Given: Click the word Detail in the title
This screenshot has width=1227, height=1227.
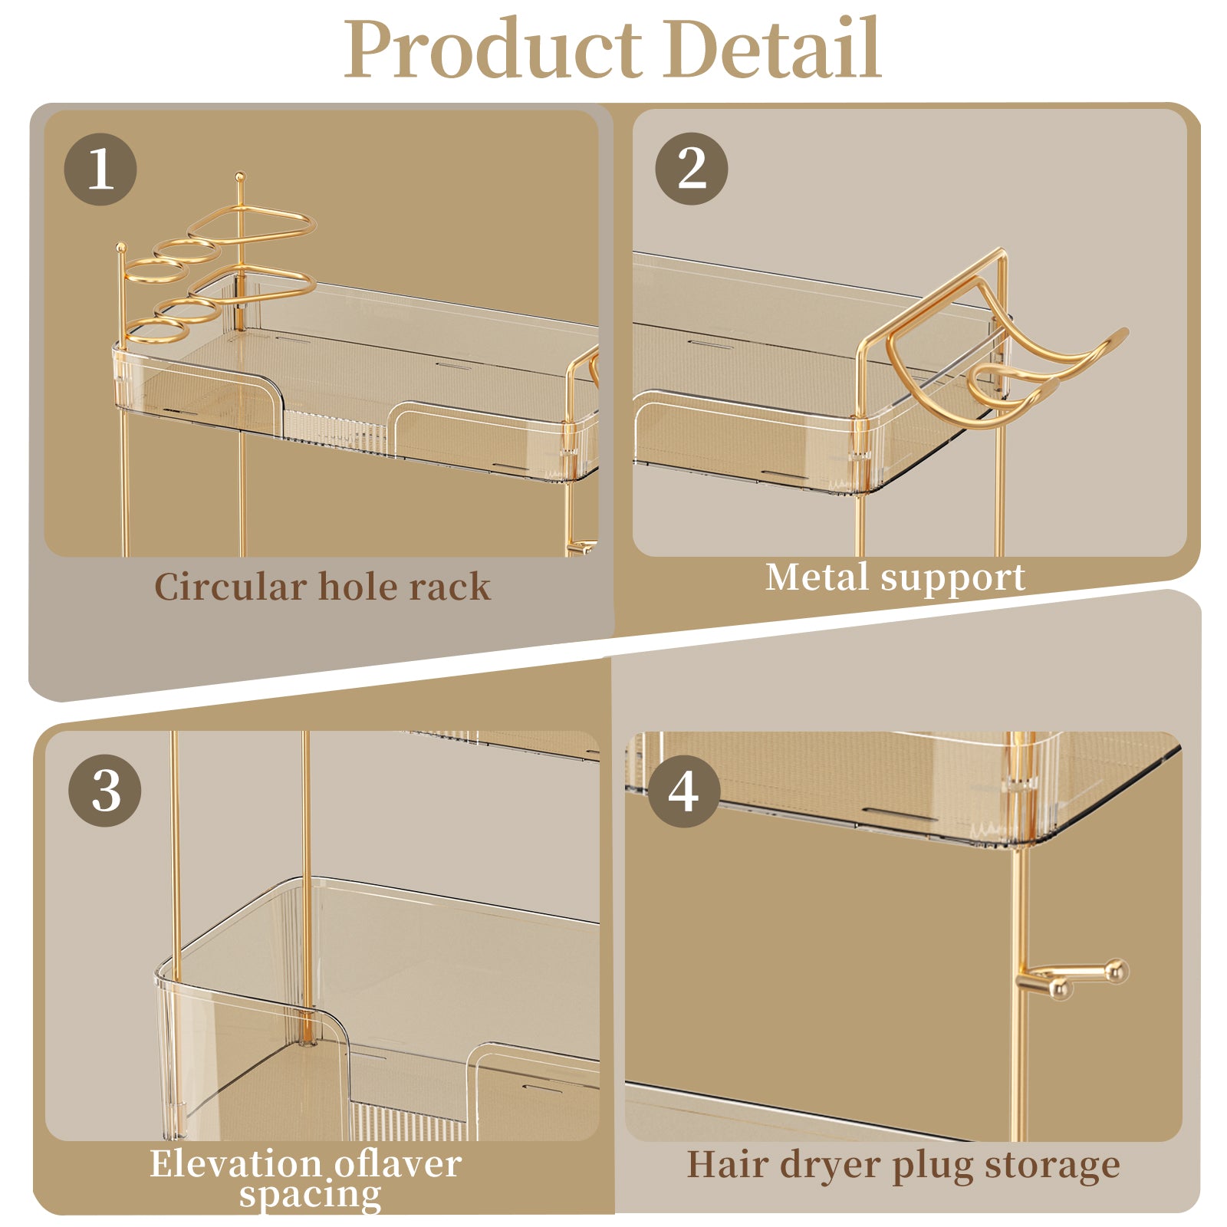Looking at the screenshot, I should pyautogui.click(x=773, y=49).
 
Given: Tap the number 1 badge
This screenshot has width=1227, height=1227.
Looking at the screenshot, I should pyautogui.click(x=100, y=169).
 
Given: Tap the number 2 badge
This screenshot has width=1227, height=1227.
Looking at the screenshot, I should pyautogui.click(x=692, y=168).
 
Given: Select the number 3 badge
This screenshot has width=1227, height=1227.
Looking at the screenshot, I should pyautogui.click(x=105, y=790).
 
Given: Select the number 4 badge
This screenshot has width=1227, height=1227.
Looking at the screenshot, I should pyautogui.click(x=684, y=791).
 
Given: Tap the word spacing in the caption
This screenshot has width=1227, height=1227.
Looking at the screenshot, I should pyautogui.click(x=310, y=1195).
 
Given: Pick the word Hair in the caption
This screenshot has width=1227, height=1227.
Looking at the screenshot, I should pyautogui.click(x=727, y=1164).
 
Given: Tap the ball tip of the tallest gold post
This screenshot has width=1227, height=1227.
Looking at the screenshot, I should pyautogui.click(x=240, y=176).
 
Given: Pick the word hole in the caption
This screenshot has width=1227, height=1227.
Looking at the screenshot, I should pyautogui.click(x=357, y=587).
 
